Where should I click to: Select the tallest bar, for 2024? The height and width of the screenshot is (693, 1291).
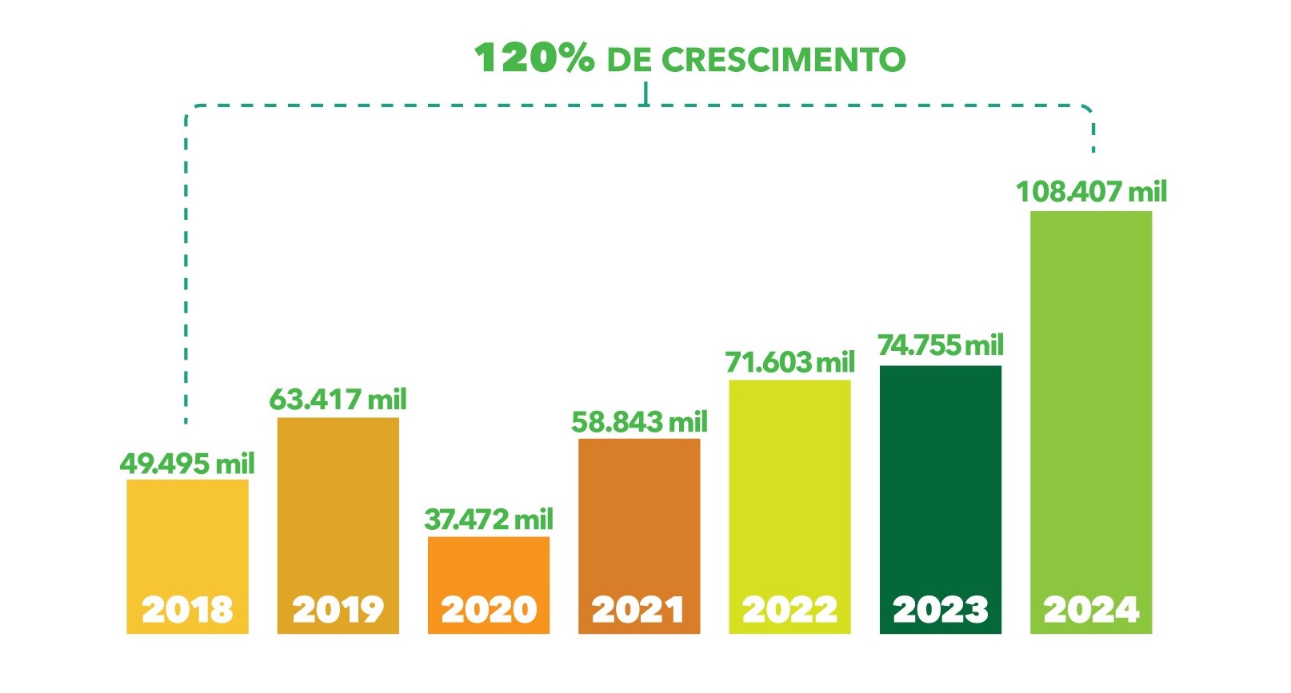(x=1090, y=400)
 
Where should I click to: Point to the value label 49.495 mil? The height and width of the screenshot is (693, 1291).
(x=187, y=464)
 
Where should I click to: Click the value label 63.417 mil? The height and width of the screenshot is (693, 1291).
(x=338, y=399)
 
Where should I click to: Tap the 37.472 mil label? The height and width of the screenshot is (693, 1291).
(x=488, y=520)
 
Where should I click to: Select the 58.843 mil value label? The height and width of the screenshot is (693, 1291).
(x=639, y=421)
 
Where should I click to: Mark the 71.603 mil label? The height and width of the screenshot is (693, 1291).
(x=789, y=362)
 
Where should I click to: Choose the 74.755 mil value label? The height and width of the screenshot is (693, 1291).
(x=940, y=345)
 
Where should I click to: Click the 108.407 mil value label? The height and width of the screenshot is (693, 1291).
(x=1091, y=192)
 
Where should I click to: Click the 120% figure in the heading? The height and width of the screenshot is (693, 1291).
(x=534, y=58)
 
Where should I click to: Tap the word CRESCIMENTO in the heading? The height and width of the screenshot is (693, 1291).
(x=784, y=60)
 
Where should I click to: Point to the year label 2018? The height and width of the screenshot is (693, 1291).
(x=187, y=610)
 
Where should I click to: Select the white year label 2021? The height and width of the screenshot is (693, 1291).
(x=638, y=610)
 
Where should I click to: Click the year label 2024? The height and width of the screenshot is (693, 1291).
(x=1090, y=610)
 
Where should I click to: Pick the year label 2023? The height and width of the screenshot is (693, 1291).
(x=940, y=610)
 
